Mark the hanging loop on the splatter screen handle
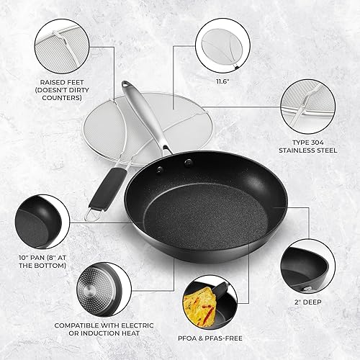pyautogui.click(x=90, y=214)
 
